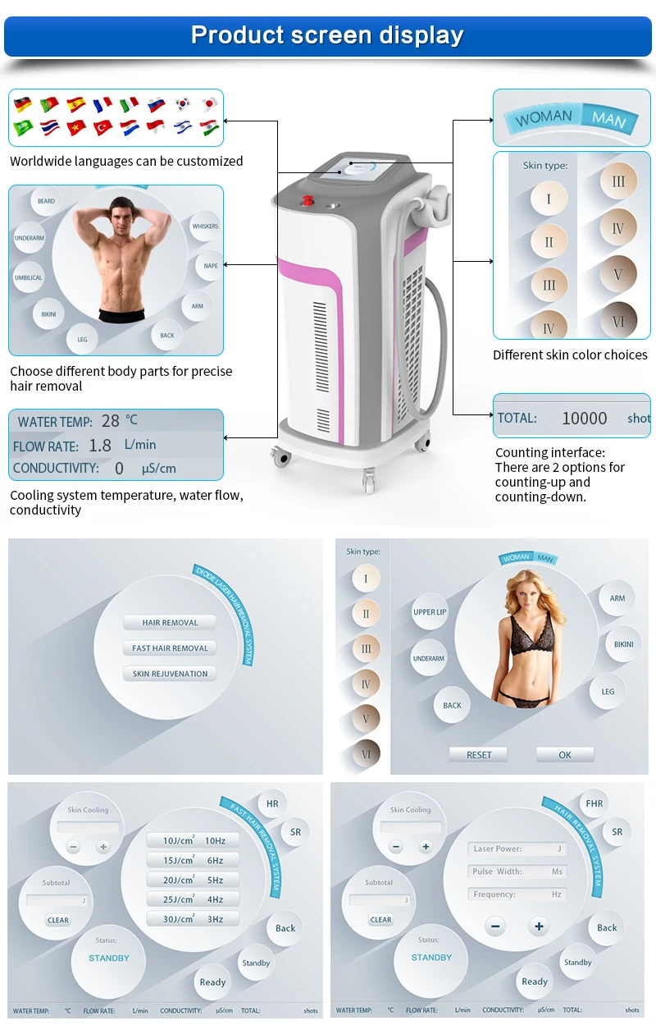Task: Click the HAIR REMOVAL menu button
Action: [x=170, y=623]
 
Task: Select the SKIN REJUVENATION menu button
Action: [x=170, y=674]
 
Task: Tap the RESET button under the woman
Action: [x=479, y=755]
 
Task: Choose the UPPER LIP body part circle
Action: [x=430, y=612]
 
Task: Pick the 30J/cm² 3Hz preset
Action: [x=194, y=919]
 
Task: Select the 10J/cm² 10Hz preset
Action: [x=194, y=840]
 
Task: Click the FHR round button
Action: [x=594, y=803]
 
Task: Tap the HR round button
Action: [x=272, y=804]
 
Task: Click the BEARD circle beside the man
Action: [x=46, y=201]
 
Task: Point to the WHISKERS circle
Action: [x=205, y=227]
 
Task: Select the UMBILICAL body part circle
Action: [x=28, y=277]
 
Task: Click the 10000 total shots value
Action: [x=584, y=419]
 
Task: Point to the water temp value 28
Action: [x=111, y=421]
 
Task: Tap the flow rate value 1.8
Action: [x=100, y=446]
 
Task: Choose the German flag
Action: [x=23, y=105]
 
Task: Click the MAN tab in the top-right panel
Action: [x=608, y=119]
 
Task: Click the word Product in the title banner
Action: [x=237, y=35]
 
